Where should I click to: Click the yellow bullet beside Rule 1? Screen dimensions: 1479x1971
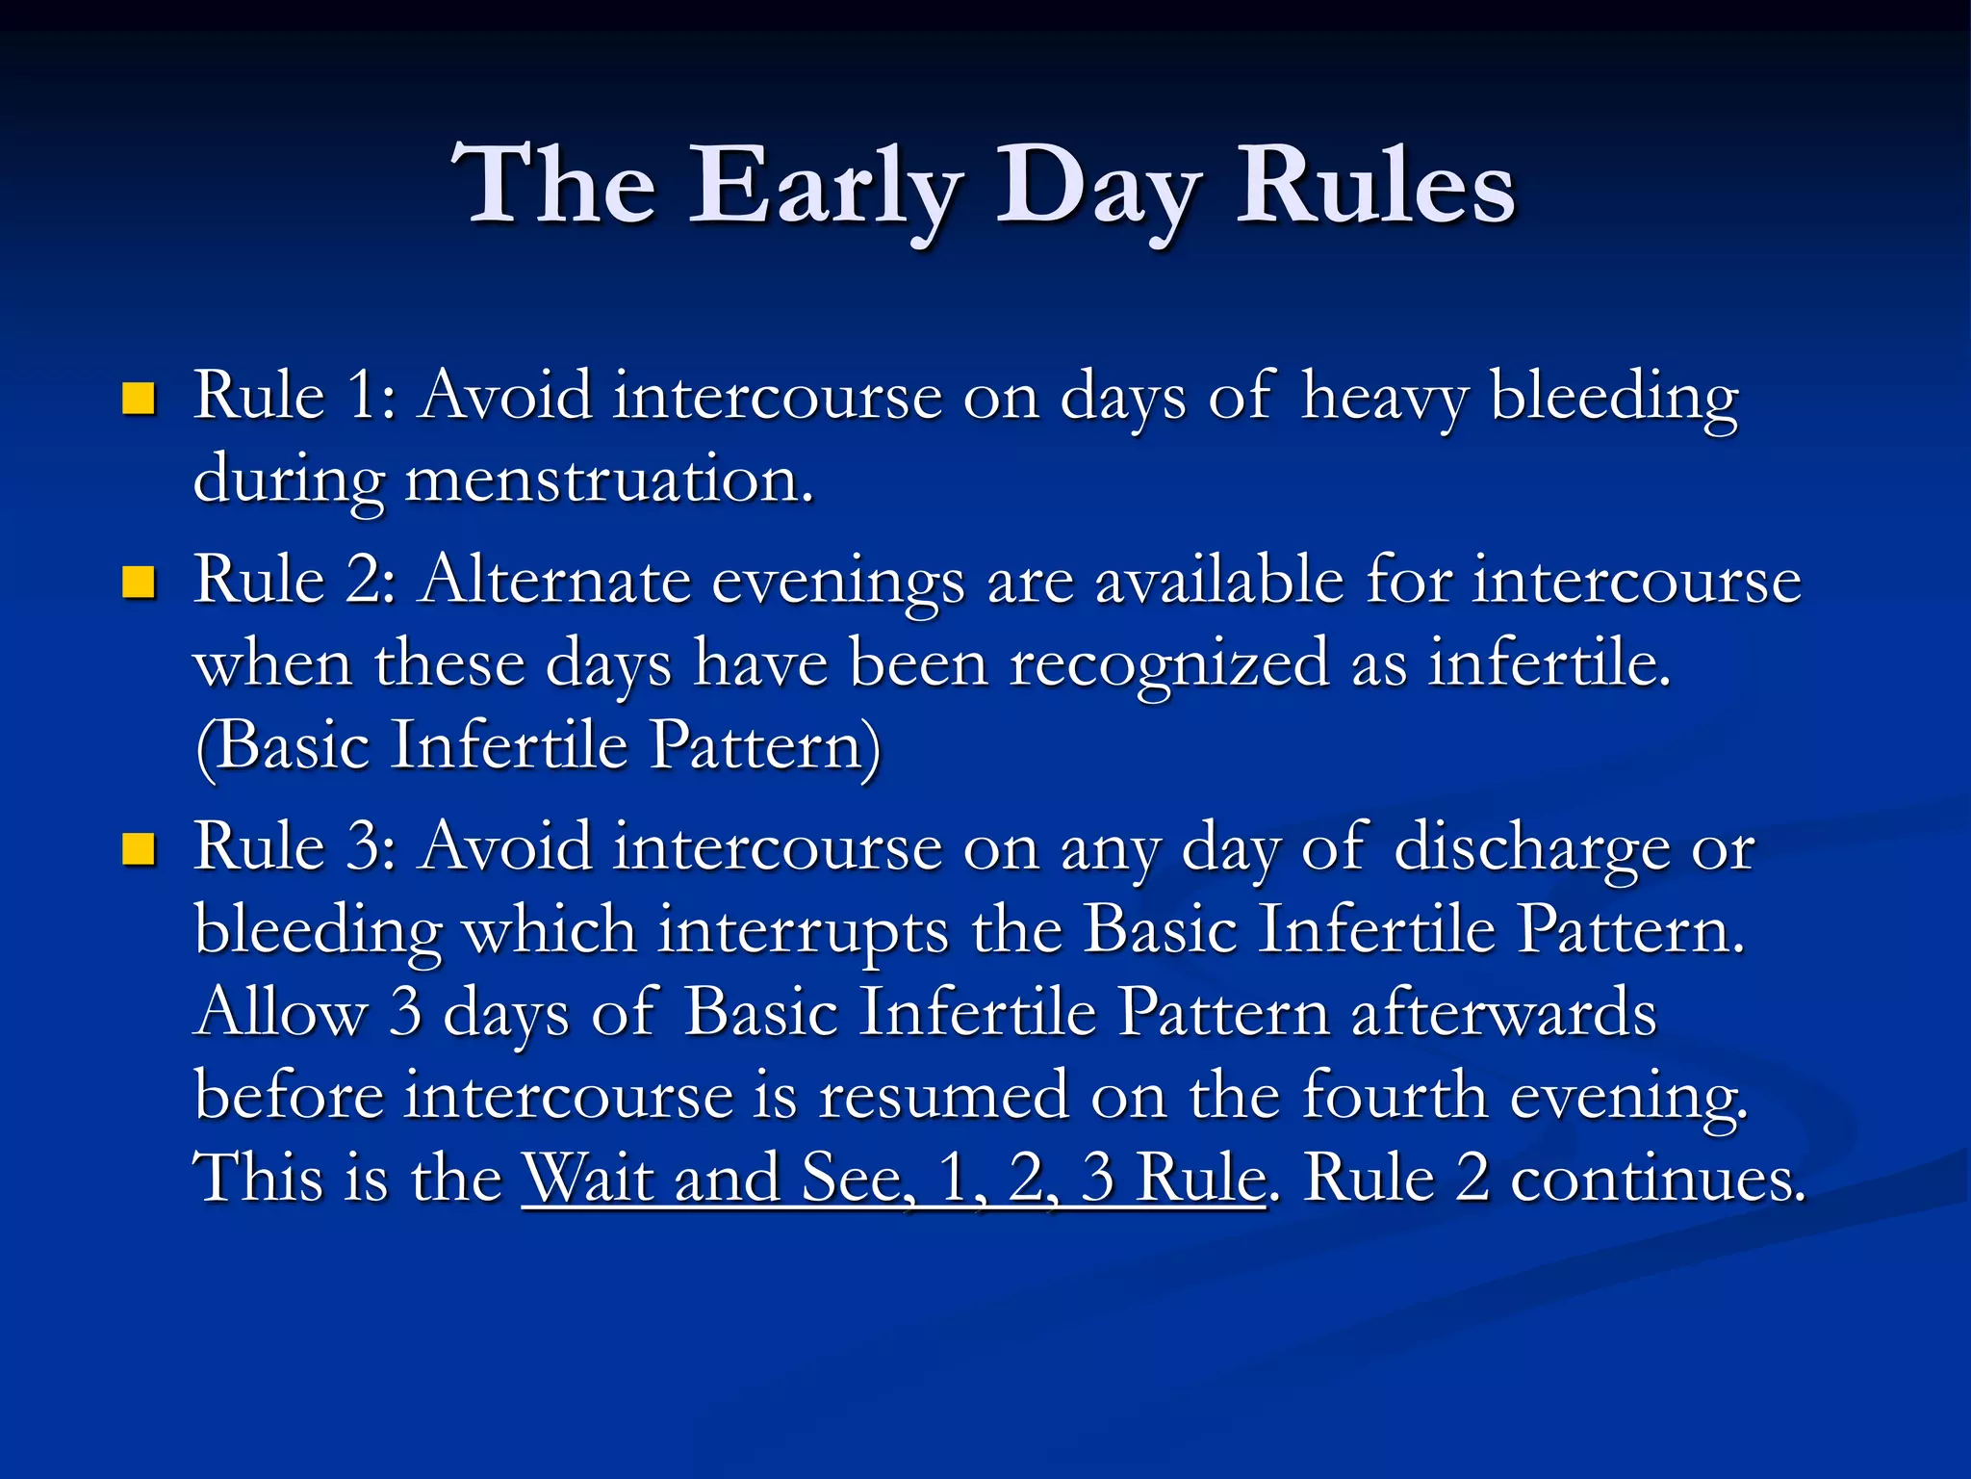[140, 398]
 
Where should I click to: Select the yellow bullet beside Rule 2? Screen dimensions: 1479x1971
[140, 582]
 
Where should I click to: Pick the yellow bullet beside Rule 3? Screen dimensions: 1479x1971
[140, 848]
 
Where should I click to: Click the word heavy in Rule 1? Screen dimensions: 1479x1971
[1384, 398]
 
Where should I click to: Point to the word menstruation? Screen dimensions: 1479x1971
[608, 480]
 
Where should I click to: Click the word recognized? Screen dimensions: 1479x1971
[1168, 665]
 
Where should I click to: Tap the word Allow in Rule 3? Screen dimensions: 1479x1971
[281, 1013]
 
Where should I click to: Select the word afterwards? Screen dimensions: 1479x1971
[1503, 1013]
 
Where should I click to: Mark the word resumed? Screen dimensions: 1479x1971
[943, 1096]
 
